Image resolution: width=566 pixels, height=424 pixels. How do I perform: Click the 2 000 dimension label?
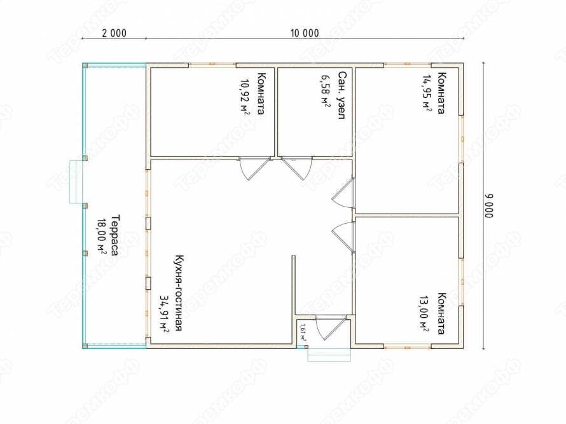(x=114, y=33)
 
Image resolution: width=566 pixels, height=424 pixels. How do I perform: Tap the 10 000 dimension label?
(x=305, y=33)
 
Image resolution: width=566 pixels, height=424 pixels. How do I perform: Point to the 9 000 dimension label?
(x=488, y=206)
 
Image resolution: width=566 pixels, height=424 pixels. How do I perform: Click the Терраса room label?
(x=114, y=235)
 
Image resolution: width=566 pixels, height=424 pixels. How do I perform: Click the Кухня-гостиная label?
(x=178, y=292)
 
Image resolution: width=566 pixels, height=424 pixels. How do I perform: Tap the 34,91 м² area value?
(x=165, y=313)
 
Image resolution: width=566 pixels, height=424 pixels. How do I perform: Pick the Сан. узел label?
(x=342, y=95)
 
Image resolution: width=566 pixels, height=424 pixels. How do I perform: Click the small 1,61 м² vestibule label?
(x=303, y=332)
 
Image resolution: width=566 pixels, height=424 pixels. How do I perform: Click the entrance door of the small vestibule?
(x=330, y=327)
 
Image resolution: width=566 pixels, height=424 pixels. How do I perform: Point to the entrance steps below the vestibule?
(x=329, y=355)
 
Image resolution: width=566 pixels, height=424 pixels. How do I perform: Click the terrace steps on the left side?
(x=76, y=182)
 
